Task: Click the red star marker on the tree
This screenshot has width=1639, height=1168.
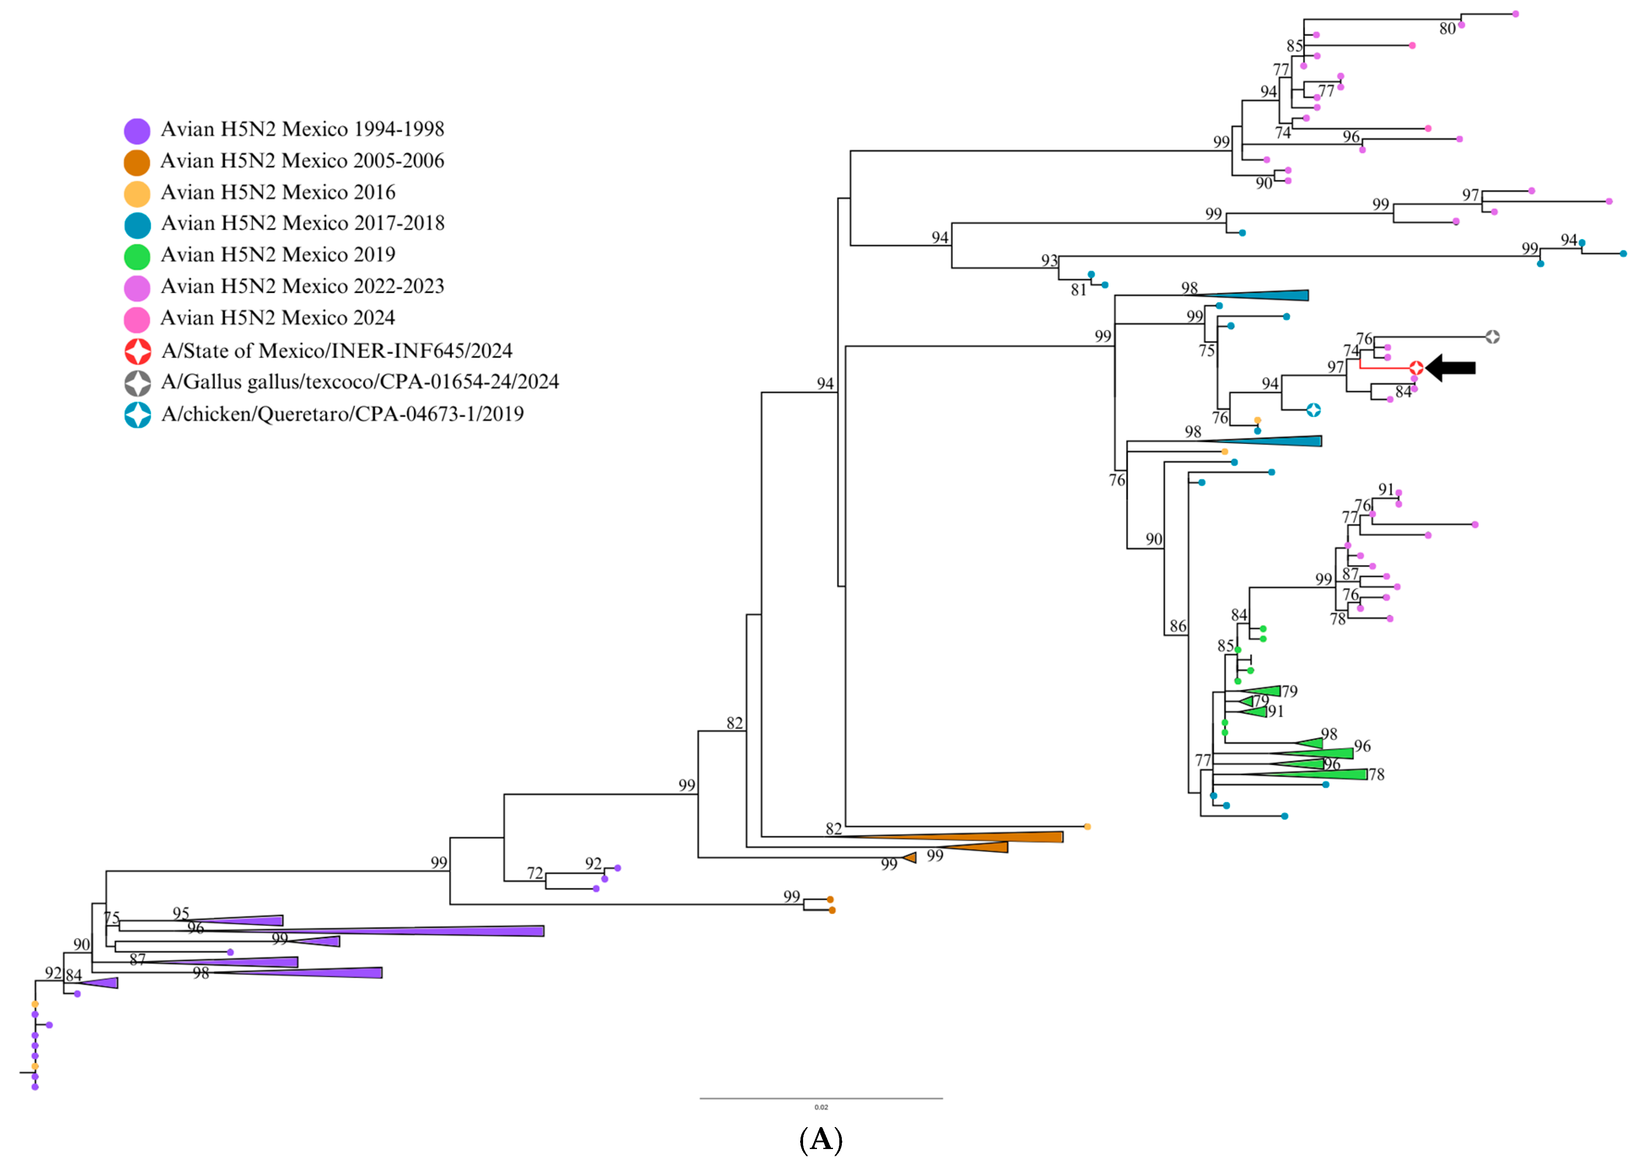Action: coord(1415,368)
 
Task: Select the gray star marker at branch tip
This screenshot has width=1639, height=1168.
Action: coord(1492,337)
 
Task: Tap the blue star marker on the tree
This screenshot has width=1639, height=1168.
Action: coord(1313,410)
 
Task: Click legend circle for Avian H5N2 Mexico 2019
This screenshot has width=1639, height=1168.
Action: coord(137,256)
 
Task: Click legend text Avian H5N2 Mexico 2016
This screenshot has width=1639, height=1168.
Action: coord(278,193)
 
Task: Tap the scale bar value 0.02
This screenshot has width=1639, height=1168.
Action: coord(821,1107)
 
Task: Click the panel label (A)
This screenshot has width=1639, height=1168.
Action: coord(821,1139)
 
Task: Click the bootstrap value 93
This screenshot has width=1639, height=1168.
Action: coord(1049,260)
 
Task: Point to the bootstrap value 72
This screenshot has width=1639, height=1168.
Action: coord(535,873)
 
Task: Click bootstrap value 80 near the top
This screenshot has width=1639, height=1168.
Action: coord(1447,29)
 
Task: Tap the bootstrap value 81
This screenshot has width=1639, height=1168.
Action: coord(1078,290)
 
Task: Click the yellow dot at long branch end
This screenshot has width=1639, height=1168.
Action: coord(1087,827)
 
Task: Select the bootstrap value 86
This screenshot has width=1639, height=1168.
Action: coord(1177,626)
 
